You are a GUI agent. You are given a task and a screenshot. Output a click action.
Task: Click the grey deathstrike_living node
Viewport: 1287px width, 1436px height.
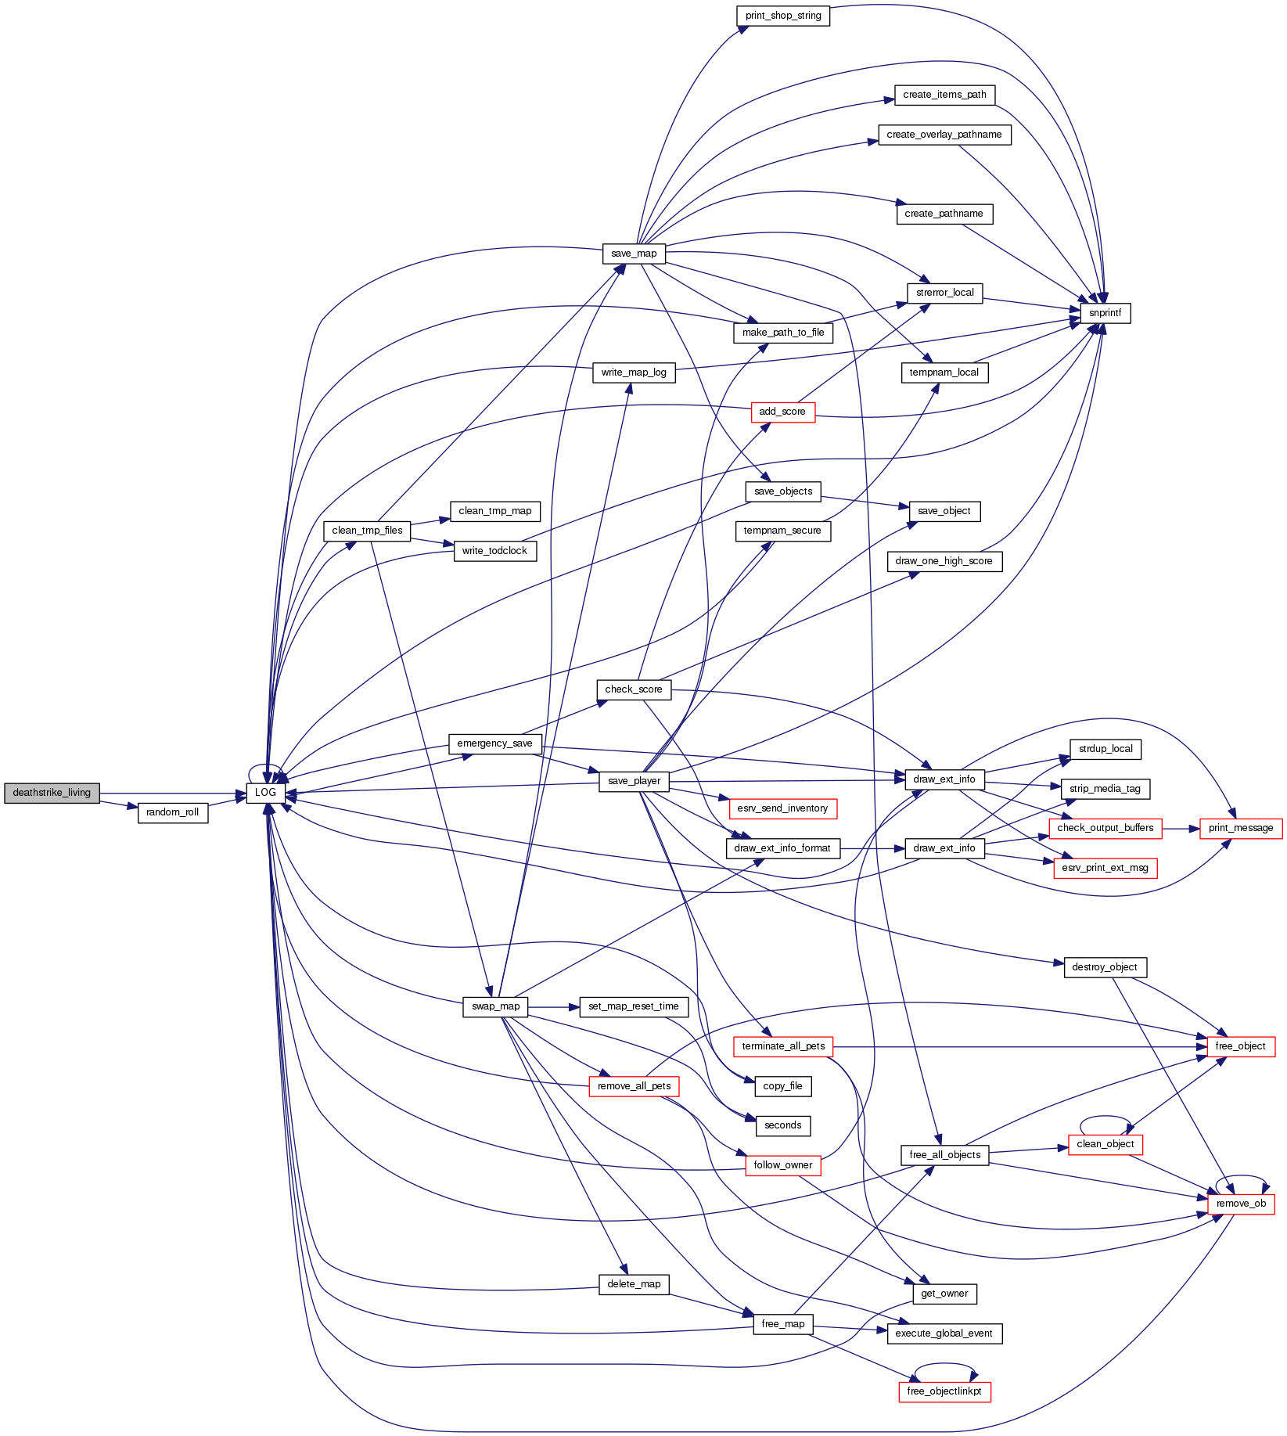click(52, 793)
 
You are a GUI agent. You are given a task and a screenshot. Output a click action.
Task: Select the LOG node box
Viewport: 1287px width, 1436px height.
click(266, 793)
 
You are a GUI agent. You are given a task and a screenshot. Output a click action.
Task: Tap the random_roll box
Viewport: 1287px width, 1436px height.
click(173, 812)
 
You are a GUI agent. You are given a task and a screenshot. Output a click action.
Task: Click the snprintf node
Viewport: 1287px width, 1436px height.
click(1105, 313)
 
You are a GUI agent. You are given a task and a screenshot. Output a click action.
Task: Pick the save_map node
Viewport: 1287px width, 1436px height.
click(635, 254)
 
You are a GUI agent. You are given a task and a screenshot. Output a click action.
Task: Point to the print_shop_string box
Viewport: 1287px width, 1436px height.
click(783, 16)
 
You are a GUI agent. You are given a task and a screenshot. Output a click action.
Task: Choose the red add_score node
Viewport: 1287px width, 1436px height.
click(782, 412)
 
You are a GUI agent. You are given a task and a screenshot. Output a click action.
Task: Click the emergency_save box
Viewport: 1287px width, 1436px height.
click(495, 743)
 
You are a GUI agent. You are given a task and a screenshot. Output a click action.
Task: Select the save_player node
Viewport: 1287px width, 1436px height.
click(635, 781)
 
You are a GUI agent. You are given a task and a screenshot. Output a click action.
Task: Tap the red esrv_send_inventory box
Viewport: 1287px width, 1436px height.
click(782, 808)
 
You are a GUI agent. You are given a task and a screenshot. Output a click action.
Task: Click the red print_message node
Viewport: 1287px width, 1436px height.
click(1241, 828)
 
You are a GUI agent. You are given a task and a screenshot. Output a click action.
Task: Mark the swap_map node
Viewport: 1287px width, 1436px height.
click(496, 1006)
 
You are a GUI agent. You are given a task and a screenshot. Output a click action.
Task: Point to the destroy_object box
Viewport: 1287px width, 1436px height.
click(1105, 967)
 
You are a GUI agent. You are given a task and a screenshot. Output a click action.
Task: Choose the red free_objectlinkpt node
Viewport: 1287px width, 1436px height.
click(944, 1391)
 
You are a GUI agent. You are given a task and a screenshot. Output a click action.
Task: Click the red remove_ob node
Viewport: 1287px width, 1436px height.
click(1241, 1204)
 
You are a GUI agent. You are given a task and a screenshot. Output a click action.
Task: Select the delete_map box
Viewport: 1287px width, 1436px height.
click(635, 1284)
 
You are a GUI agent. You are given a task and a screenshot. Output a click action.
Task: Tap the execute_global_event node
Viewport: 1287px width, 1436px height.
click(944, 1333)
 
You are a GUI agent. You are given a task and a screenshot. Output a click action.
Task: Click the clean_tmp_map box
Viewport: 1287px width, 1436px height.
click(495, 511)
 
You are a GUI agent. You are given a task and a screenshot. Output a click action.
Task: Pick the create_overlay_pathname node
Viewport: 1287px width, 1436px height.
click(944, 135)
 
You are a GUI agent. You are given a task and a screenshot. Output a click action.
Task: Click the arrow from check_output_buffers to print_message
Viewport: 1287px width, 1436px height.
click(1181, 828)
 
